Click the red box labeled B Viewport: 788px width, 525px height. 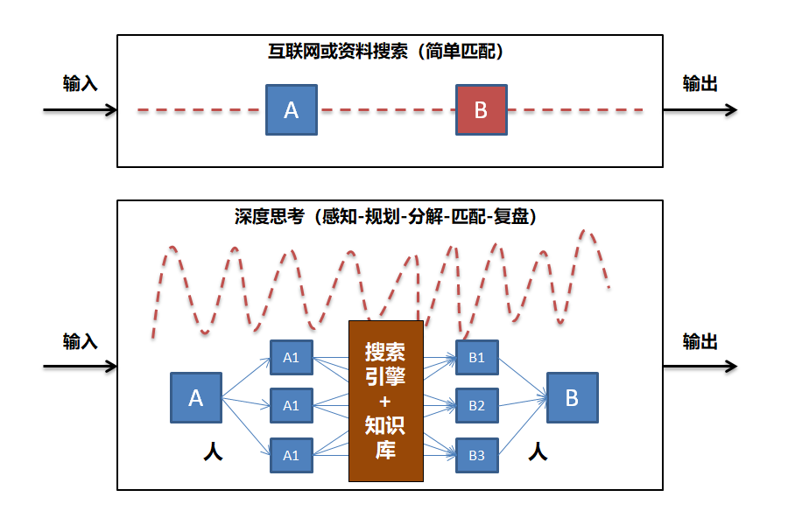(x=482, y=109)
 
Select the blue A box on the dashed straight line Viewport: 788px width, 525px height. (x=292, y=109)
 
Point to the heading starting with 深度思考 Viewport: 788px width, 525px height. (x=385, y=216)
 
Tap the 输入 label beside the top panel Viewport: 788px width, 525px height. (x=80, y=83)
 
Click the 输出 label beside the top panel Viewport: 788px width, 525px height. (x=700, y=83)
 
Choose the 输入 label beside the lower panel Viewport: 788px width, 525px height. (x=80, y=341)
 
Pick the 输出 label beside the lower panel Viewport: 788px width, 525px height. (x=700, y=341)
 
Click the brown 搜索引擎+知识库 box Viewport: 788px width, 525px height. (x=386, y=401)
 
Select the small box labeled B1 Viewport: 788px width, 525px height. (x=476, y=357)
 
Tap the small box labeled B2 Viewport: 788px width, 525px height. (x=476, y=405)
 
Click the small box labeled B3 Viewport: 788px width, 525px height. (x=476, y=455)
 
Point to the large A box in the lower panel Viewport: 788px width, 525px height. (x=196, y=398)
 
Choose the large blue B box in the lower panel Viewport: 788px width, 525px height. (x=573, y=398)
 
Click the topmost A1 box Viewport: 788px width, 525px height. (x=292, y=357)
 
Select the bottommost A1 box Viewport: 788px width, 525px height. (x=292, y=455)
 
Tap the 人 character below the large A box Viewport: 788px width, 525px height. (x=213, y=451)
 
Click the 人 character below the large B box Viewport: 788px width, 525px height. (x=538, y=451)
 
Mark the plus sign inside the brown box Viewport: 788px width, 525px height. (x=386, y=401)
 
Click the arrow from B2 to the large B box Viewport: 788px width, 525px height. (x=523, y=402)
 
